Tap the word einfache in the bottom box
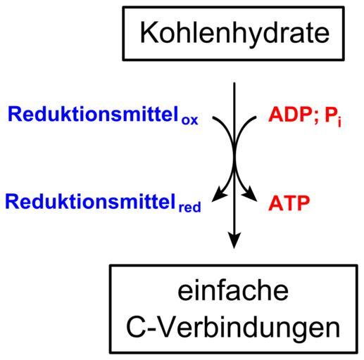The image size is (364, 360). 233,291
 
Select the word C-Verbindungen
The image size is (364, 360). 233,328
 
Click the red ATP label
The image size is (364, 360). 289,203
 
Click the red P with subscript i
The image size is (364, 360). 332,116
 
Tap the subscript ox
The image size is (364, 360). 189,120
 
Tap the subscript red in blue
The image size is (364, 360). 189,207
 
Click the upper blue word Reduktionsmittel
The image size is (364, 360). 94,114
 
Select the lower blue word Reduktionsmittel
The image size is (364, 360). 91,202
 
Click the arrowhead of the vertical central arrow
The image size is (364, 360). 234,240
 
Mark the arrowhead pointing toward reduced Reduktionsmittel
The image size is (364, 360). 219,193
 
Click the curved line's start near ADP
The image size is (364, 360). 256,117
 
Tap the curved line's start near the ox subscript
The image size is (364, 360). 213,117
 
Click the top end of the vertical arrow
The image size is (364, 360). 234,82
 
